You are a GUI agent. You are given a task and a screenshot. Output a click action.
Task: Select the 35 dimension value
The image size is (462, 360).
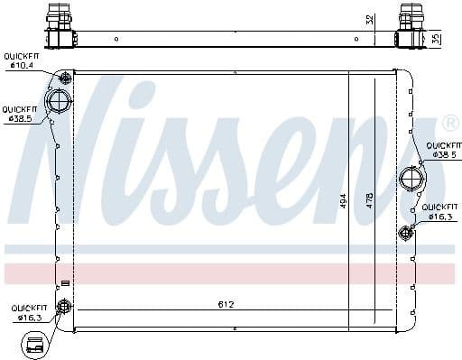(x=438, y=39)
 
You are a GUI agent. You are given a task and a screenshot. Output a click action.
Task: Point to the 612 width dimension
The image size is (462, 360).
(x=226, y=304)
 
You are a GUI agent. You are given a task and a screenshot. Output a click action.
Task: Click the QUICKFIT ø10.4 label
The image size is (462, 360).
(x=20, y=60)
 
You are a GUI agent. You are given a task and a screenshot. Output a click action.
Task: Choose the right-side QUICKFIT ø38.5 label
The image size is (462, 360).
(x=443, y=150)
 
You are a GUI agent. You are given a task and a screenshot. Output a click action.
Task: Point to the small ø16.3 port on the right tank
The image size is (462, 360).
(x=404, y=234)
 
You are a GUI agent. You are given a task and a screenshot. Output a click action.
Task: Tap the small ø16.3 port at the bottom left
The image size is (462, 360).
(x=64, y=308)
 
